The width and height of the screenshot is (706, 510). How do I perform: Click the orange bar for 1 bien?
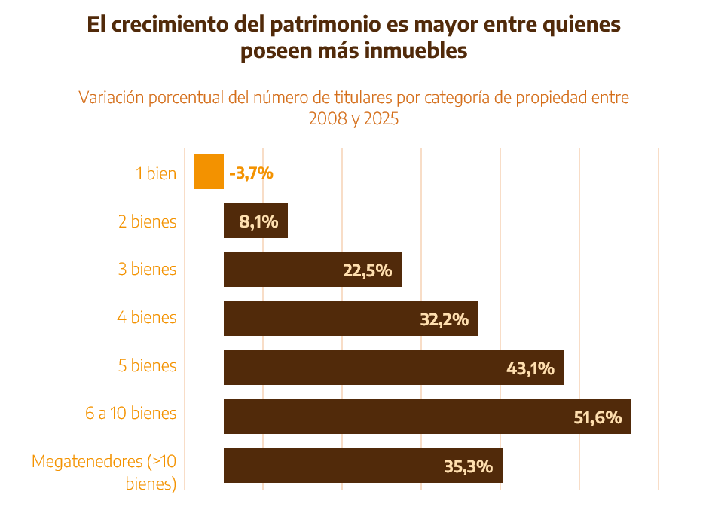click(209, 172)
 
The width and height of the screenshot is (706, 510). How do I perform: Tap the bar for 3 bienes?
click(286, 270)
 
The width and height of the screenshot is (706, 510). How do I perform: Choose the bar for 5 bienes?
click(362, 368)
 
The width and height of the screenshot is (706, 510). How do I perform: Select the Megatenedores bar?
click(332, 466)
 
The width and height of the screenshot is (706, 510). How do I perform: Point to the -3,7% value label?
click(251, 173)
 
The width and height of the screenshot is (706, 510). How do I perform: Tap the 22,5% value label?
click(368, 271)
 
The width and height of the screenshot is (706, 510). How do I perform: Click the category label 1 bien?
click(156, 173)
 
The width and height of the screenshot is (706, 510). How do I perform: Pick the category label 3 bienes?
click(148, 270)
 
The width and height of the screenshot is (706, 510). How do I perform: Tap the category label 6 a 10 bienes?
click(131, 414)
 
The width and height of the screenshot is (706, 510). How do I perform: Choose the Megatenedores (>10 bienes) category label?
click(105, 472)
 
